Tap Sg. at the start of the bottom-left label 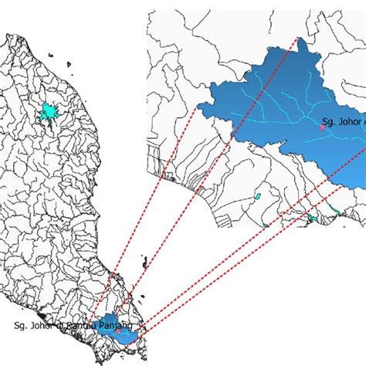click(21, 326)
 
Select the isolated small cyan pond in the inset click(257, 198)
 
